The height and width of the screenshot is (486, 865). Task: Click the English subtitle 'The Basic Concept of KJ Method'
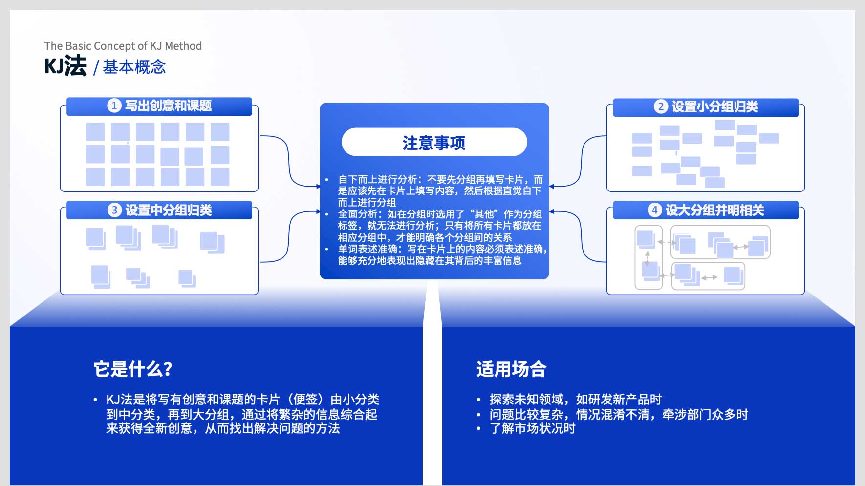123,46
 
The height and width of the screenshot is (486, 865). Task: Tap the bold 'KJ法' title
65,66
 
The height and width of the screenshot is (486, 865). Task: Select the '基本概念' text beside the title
134,67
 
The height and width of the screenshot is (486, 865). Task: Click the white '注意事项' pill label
434,142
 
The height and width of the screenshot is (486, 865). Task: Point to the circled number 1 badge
114,106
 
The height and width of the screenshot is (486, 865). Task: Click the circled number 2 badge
661,106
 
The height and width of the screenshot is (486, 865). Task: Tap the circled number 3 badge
114,210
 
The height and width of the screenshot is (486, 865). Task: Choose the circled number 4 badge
654,210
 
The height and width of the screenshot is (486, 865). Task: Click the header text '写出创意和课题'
168,106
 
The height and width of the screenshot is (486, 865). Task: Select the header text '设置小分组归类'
714,106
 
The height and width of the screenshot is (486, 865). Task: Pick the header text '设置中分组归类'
168,210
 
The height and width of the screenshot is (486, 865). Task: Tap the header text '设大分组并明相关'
714,210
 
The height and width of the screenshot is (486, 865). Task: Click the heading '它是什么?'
132,369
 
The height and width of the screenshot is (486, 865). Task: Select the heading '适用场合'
511,369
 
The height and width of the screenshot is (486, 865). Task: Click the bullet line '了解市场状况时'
532,428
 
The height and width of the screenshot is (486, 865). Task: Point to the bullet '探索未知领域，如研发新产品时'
575,400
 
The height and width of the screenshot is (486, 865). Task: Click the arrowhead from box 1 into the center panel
318,186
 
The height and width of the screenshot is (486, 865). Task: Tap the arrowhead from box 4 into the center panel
551,212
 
